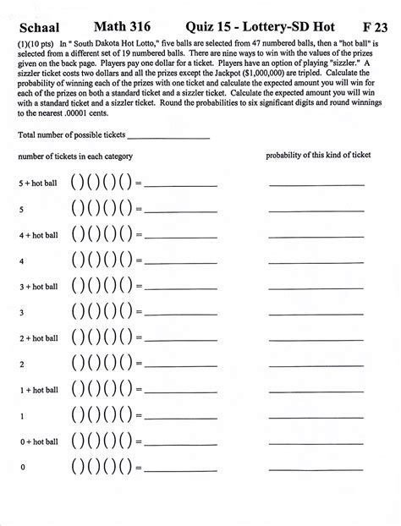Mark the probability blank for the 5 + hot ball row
point(316,184)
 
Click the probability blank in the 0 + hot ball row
point(316,443)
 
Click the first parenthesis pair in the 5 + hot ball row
point(79,183)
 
